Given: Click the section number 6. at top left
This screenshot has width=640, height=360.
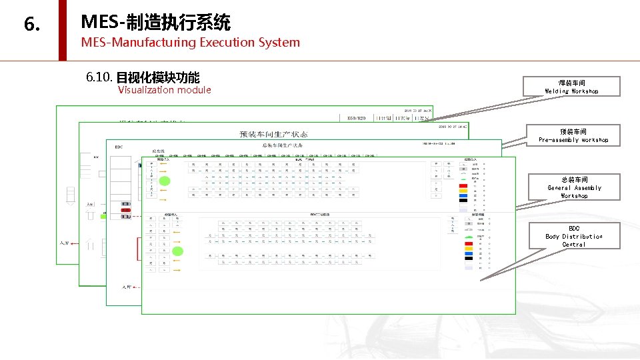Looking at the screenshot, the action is [x=31, y=25].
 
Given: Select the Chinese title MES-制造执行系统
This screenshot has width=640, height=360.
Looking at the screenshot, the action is [x=155, y=23].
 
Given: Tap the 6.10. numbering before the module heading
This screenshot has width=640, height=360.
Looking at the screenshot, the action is [x=99, y=77].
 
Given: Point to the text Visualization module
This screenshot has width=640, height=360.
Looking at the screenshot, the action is [x=164, y=90].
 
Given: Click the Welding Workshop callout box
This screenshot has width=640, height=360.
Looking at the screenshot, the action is [x=571, y=87].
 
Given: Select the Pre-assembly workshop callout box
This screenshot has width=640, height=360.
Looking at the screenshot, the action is [x=573, y=135].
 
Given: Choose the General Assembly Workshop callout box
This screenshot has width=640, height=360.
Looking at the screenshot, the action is [x=573, y=187].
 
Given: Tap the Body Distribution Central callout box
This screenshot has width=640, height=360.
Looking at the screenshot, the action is [x=573, y=236].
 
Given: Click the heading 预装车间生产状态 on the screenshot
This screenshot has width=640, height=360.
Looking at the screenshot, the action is [x=273, y=134].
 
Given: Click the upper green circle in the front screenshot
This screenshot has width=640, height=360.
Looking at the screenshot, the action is [x=165, y=181].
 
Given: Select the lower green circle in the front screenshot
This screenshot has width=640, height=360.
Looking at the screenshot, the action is [x=178, y=251].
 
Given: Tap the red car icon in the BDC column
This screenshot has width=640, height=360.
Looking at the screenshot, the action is [x=125, y=209].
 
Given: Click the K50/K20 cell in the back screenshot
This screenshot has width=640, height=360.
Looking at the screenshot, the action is [x=357, y=118].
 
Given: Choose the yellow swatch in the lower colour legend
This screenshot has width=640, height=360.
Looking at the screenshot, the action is [x=469, y=247].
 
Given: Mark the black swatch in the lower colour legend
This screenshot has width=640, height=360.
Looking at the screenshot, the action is [x=469, y=258].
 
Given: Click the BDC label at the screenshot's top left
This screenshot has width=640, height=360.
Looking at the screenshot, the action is [x=119, y=147].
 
